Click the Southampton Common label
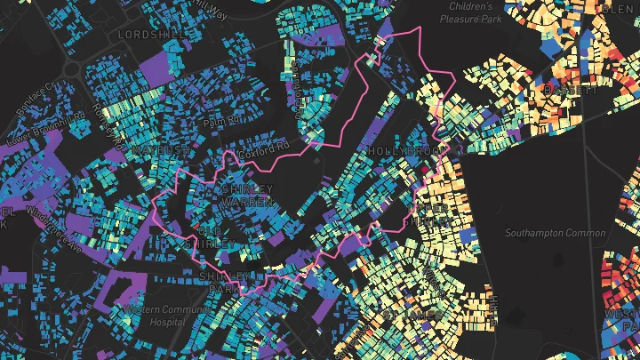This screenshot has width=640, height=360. tap(555, 233)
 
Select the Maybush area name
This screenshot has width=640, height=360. tap(158, 150)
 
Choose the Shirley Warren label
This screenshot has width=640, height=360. tap(246, 196)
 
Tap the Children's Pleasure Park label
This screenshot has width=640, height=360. tap(470, 12)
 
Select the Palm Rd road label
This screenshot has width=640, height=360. tap(220, 120)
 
